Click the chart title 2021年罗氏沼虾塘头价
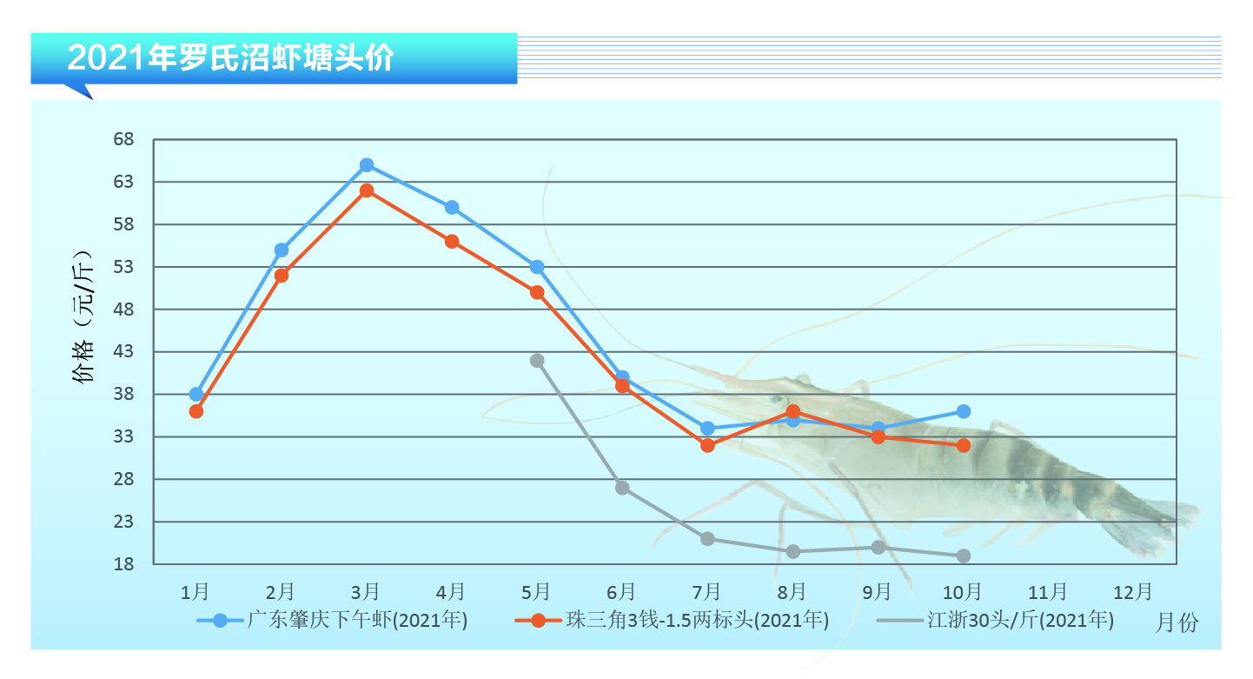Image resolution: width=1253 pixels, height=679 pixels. pos(231,57)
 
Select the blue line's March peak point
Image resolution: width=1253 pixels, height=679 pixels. pos(367,165)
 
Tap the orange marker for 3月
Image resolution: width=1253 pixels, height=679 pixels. pos(367,190)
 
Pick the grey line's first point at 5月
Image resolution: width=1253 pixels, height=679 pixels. pos(537,360)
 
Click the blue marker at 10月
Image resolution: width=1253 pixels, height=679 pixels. pos(963,411)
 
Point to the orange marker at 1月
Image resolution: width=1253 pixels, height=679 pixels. pos(196,411)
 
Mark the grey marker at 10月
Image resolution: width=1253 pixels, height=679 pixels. pos(963,556)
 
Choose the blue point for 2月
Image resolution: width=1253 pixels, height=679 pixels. pos(282,250)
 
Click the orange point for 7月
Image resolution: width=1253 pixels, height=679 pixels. pos(707,445)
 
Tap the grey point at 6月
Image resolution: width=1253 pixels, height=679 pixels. pos(622,488)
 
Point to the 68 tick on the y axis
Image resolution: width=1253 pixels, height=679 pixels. pos(123,140)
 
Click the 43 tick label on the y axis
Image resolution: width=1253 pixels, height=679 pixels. pos(123,352)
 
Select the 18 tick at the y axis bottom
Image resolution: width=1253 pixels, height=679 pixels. pos(123,564)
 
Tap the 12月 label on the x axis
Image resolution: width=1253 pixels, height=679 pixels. pos(1132,592)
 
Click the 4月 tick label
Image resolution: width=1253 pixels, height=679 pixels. pos(451,592)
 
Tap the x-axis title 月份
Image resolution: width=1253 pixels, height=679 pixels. pos(1177,622)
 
